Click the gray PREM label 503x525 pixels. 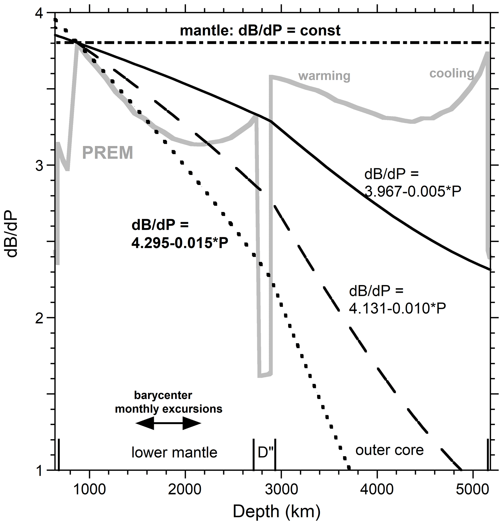[x=108, y=153]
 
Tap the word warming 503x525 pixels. [x=324, y=76]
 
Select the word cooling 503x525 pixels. [x=452, y=73]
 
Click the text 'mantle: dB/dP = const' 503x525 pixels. [x=260, y=31]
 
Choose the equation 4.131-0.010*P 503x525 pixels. [x=397, y=309]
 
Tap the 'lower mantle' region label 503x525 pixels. [x=174, y=452]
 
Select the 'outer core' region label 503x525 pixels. [x=389, y=450]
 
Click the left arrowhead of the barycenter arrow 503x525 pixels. [x=145, y=423]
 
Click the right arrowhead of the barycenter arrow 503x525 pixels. [x=192, y=423]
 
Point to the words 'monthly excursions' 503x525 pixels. [x=169, y=409]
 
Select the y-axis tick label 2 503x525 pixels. [x=39, y=318]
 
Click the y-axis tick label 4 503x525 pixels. [x=39, y=13]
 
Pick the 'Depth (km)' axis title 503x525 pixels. [x=276, y=511]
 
